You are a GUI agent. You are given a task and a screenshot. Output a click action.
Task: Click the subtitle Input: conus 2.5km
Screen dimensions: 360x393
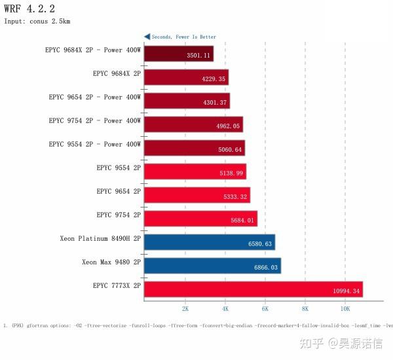click(x=37, y=21)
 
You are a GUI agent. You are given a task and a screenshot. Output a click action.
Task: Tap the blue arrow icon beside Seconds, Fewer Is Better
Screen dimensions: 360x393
click(x=147, y=37)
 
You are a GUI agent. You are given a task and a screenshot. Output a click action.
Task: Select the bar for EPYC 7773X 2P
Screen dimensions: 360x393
click(x=253, y=289)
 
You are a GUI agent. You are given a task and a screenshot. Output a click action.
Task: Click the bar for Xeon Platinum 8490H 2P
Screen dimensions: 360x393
click(x=209, y=242)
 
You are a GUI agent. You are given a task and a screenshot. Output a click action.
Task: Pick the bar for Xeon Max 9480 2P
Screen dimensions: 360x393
click(x=212, y=265)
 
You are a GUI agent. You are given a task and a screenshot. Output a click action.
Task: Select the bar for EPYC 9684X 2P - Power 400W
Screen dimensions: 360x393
click(x=178, y=53)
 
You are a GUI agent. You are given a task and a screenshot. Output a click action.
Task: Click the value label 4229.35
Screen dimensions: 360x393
click(x=214, y=79)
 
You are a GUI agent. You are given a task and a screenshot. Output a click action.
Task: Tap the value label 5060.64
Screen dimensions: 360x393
click(x=230, y=150)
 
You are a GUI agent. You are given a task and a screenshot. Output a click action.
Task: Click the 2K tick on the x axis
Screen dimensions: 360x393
click(x=185, y=308)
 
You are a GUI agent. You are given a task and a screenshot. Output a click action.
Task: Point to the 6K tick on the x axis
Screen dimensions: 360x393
click(x=265, y=308)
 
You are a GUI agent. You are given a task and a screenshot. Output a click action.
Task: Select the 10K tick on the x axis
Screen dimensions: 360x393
click(x=345, y=308)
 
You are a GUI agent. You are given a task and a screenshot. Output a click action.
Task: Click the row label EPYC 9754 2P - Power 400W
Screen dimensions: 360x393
click(x=94, y=120)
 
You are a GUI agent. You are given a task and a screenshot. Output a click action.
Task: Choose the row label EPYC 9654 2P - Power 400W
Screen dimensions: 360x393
click(x=94, y=97)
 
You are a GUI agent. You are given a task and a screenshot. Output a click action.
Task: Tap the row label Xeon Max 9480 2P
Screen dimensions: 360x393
click(x=111, y=262)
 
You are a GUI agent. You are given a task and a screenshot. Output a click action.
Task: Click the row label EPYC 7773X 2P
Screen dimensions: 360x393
click(x=117, y=285)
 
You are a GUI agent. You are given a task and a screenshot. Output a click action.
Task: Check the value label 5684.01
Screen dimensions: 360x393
click(x=242, y=221)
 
